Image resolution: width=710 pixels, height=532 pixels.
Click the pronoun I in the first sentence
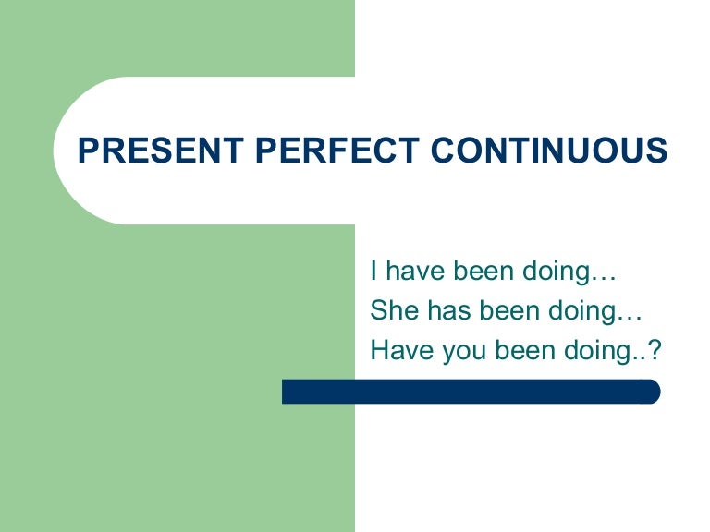coord(374,272)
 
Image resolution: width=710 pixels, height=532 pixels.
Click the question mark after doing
coord(657,350)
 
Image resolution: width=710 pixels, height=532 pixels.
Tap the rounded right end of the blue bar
coord(654,392)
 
